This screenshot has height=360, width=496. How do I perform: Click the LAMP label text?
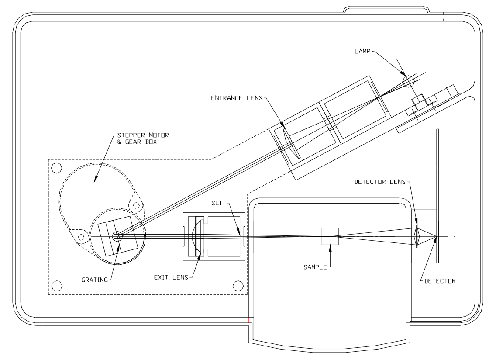click(x=362, y=51)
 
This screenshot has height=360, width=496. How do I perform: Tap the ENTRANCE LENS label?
click(x=237, y=98)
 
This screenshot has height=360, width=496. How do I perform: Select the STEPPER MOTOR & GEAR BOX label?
click(x=143, y=138)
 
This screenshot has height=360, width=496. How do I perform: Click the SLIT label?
click(x=219, y=203)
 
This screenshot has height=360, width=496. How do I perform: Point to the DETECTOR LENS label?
click(x=380, y=182)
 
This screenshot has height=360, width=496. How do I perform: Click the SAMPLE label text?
click(x=315, y=267)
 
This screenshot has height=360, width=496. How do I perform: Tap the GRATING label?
click(x=95, y=280)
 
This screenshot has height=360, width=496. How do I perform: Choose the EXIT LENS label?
click(x=171, y=278)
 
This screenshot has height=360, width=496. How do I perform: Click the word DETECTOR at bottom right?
click(x=440, y=281)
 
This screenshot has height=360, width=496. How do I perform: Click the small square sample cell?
click(x=330, y=236)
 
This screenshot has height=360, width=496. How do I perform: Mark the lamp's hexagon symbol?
click(x=409, y=81)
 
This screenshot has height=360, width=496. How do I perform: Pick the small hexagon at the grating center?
click(x=117, y=236)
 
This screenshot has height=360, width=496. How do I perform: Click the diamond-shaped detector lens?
click(x=417, y=236)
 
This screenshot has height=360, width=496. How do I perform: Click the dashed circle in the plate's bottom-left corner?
click(x=57, y=286)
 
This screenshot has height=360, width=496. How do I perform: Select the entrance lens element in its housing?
click(x=291, y=142)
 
